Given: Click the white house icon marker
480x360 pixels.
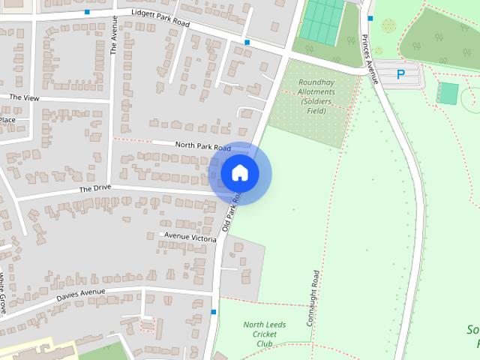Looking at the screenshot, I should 240,173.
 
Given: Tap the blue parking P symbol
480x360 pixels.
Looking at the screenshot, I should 400,75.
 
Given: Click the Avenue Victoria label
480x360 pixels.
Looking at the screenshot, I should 190,237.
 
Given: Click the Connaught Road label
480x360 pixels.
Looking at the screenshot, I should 316,298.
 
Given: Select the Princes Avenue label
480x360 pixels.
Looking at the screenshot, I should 368,57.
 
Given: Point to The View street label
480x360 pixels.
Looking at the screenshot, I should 23,97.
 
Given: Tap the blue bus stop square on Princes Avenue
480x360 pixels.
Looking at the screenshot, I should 370,18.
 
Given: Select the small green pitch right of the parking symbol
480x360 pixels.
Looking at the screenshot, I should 448,94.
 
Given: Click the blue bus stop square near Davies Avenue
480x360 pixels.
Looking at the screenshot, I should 214,312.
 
